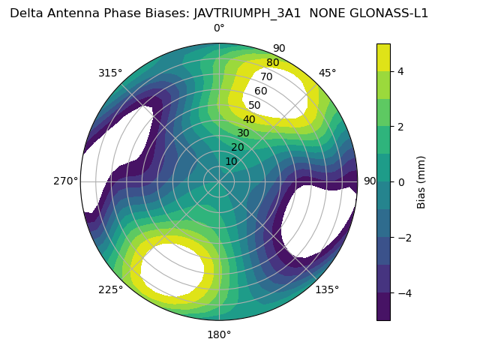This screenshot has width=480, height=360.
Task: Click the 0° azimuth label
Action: click(219, 28)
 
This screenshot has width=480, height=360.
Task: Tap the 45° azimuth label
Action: click(327, 73)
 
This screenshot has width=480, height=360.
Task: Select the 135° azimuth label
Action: click(327, 289)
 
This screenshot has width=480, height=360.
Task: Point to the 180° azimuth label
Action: click(219, 334)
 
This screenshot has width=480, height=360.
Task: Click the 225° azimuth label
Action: click(110, 289)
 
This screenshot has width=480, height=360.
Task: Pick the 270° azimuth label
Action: click(65, 181)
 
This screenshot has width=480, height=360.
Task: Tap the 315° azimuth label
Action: click(110, 73)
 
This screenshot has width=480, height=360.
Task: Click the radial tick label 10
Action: click(231, 161)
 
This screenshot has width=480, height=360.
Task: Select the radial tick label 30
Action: click(243, 133)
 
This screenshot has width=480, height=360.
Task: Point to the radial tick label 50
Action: click(255, 106)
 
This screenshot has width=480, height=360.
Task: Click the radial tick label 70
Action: click(266, 77)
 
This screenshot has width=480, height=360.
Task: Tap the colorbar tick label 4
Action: click(400, 71)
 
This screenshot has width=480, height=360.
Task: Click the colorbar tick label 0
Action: click(400, 181)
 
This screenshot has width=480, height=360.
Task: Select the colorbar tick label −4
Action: click(403, 292)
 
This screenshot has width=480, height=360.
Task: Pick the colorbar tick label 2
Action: click(400, 126)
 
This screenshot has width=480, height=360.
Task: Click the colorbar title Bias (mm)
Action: click(421, 181)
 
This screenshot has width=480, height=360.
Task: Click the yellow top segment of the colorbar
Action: click(383, 57)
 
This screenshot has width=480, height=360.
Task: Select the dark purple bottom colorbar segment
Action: click(383, 307)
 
